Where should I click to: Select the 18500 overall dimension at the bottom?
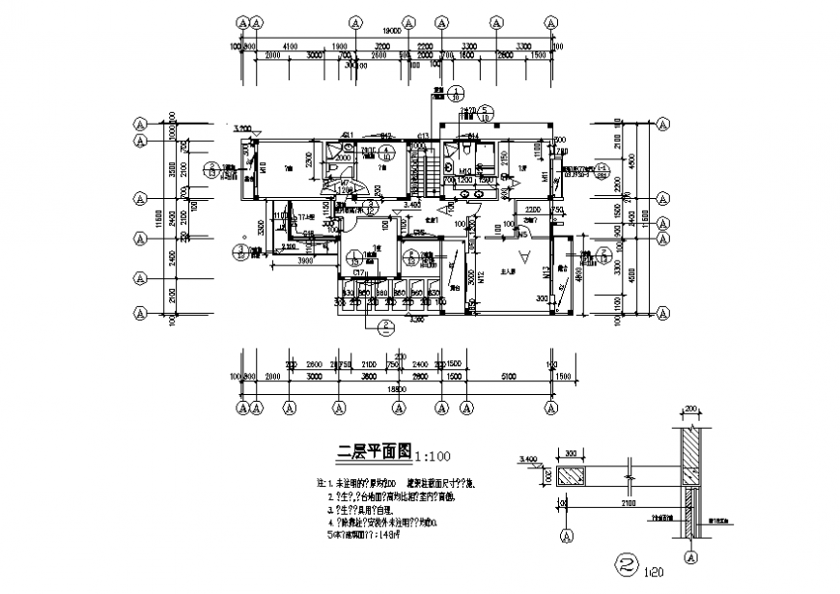(396, 388)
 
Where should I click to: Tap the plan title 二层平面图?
(374, 452)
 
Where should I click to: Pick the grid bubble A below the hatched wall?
(691, 558)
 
